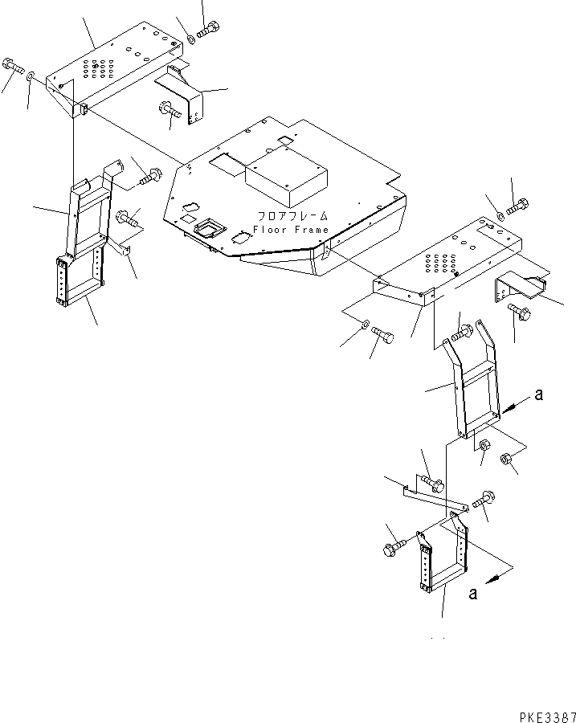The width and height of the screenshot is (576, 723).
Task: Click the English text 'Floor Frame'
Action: click(290, 230)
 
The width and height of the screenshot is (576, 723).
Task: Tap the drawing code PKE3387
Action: click(541, 712)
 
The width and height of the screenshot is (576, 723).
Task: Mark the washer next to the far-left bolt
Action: click(30, 76)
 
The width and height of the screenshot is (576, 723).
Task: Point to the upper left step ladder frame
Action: click(90, 211)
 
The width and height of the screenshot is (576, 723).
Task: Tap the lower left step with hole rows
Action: click(80, 282)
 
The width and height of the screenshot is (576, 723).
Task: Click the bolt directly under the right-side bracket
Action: click(519, 315)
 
